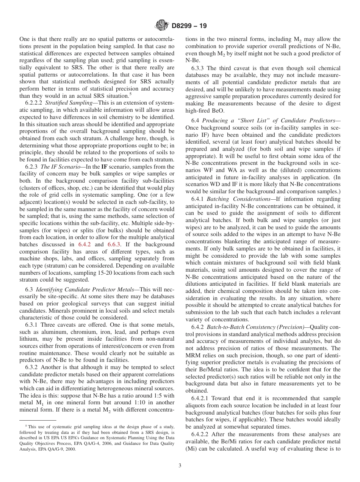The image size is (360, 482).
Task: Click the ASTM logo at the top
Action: [x=161, y=26]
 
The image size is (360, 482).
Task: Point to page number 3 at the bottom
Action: [x=180, y=466]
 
